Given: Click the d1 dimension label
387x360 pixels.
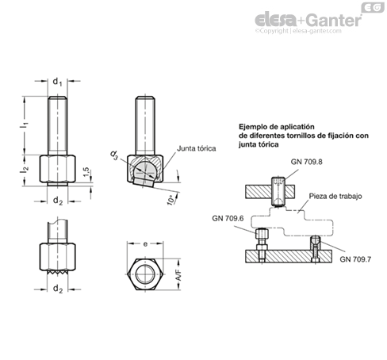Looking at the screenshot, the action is (57, 82).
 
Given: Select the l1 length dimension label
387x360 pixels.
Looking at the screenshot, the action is (25, 125).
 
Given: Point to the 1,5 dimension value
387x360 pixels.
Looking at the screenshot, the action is (86, 172).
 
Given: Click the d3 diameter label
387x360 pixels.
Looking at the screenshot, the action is (114, 155).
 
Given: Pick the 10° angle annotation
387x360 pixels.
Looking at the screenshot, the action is (171, 200).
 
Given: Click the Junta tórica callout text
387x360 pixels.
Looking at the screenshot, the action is (197, 148).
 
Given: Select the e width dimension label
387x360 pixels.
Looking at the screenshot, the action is (145, 244).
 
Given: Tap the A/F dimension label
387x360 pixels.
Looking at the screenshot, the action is (178, 275).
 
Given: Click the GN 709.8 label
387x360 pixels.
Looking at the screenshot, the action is (306, 162).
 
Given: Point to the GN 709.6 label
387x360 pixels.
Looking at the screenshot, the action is (228, 218).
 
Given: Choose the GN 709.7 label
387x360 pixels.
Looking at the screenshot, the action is (355, 259).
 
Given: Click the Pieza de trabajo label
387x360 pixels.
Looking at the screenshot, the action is (335, 196).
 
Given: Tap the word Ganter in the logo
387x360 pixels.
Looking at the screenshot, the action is (335, 21).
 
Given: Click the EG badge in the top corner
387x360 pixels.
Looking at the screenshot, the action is (373, 7).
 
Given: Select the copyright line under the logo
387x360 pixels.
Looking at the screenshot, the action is (298, 31).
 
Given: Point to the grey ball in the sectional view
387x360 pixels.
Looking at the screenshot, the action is (145, 169).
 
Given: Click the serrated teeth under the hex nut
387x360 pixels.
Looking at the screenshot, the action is (58, 272).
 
